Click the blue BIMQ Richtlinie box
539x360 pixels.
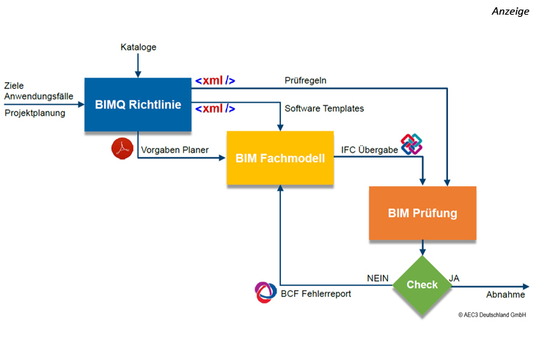coord(137,104)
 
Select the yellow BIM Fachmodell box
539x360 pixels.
coord(280,157)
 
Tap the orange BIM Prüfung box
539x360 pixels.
coord(422,213)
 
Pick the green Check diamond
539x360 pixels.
coord(422,284)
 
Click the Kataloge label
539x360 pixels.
coord(139,48)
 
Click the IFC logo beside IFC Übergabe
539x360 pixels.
coord(411,144)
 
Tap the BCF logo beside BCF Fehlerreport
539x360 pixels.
coord(263,292)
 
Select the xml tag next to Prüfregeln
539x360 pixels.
coord(215,81)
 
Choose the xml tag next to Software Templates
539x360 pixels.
coord(215,109)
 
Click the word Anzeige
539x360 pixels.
coord(511,12)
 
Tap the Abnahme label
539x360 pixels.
coord(505,295)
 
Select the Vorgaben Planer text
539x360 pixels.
coord(174,150)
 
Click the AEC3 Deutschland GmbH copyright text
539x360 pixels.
coord(492,315)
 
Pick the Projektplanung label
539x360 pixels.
coord(34,114)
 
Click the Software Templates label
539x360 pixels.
coord(324,109)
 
